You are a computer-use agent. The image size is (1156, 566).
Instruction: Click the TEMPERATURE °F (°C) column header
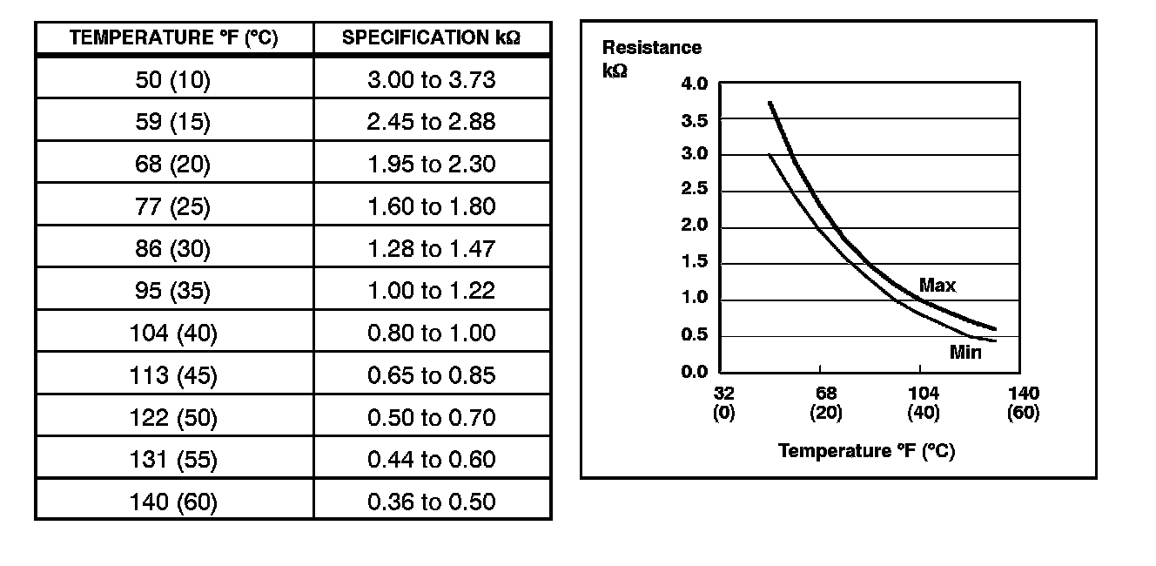click(x=173, y=38)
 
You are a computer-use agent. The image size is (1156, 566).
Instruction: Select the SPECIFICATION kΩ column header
click(x=431, y=38)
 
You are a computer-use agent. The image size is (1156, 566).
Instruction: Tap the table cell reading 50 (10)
click(x=173, y=80)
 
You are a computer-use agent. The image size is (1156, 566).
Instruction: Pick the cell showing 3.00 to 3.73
click(x=431, y=80)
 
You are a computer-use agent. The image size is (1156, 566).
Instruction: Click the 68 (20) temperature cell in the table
click(x=173, y=165)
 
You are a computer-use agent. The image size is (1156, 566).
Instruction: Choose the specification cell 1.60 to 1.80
click(x=431, y=206)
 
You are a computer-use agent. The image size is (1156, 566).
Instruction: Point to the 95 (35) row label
click(x=173, y=291)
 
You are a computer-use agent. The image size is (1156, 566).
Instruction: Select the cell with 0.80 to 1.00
click(x=431, y=333)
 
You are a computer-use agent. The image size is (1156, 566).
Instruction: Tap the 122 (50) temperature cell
click(x=173, y=417)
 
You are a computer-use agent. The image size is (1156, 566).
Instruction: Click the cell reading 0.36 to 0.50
click(x=431, y=502)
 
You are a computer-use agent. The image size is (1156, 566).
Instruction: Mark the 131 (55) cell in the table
click(x=173, y=459)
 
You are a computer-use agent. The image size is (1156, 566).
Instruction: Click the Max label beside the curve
click(x=938, y=286)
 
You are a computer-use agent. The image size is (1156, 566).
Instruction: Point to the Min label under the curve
click(x=964, y=353)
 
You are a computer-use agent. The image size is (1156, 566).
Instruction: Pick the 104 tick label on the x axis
click(x=923, y=394)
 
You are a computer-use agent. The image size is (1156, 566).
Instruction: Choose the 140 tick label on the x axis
click(x=1023, y=394)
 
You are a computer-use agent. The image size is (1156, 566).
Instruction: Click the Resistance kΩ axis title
click(x=651, y=58)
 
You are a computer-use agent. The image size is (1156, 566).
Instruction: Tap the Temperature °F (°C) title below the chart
click(x=866, y=451)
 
